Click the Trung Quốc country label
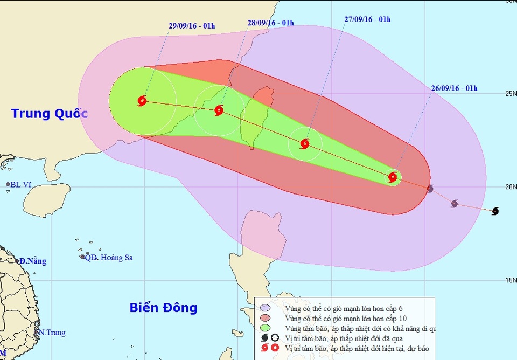tap(49, 114)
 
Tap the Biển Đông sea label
tap(163, 308)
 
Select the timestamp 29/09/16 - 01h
tap(192, 25)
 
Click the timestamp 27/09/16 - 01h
tap(367, 19)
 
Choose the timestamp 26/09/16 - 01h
tap(454, 88)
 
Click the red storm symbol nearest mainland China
tap(142, 101)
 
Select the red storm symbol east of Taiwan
tap(305, 143)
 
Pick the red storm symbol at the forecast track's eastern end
tap(393, 177)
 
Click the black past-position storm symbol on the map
tap(495, 211)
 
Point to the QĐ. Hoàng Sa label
tap(109, 258)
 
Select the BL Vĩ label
tap(21, 184)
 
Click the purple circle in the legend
tap(265, 308)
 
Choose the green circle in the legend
tap(265, 328)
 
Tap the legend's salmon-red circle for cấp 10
tap(265, 318)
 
